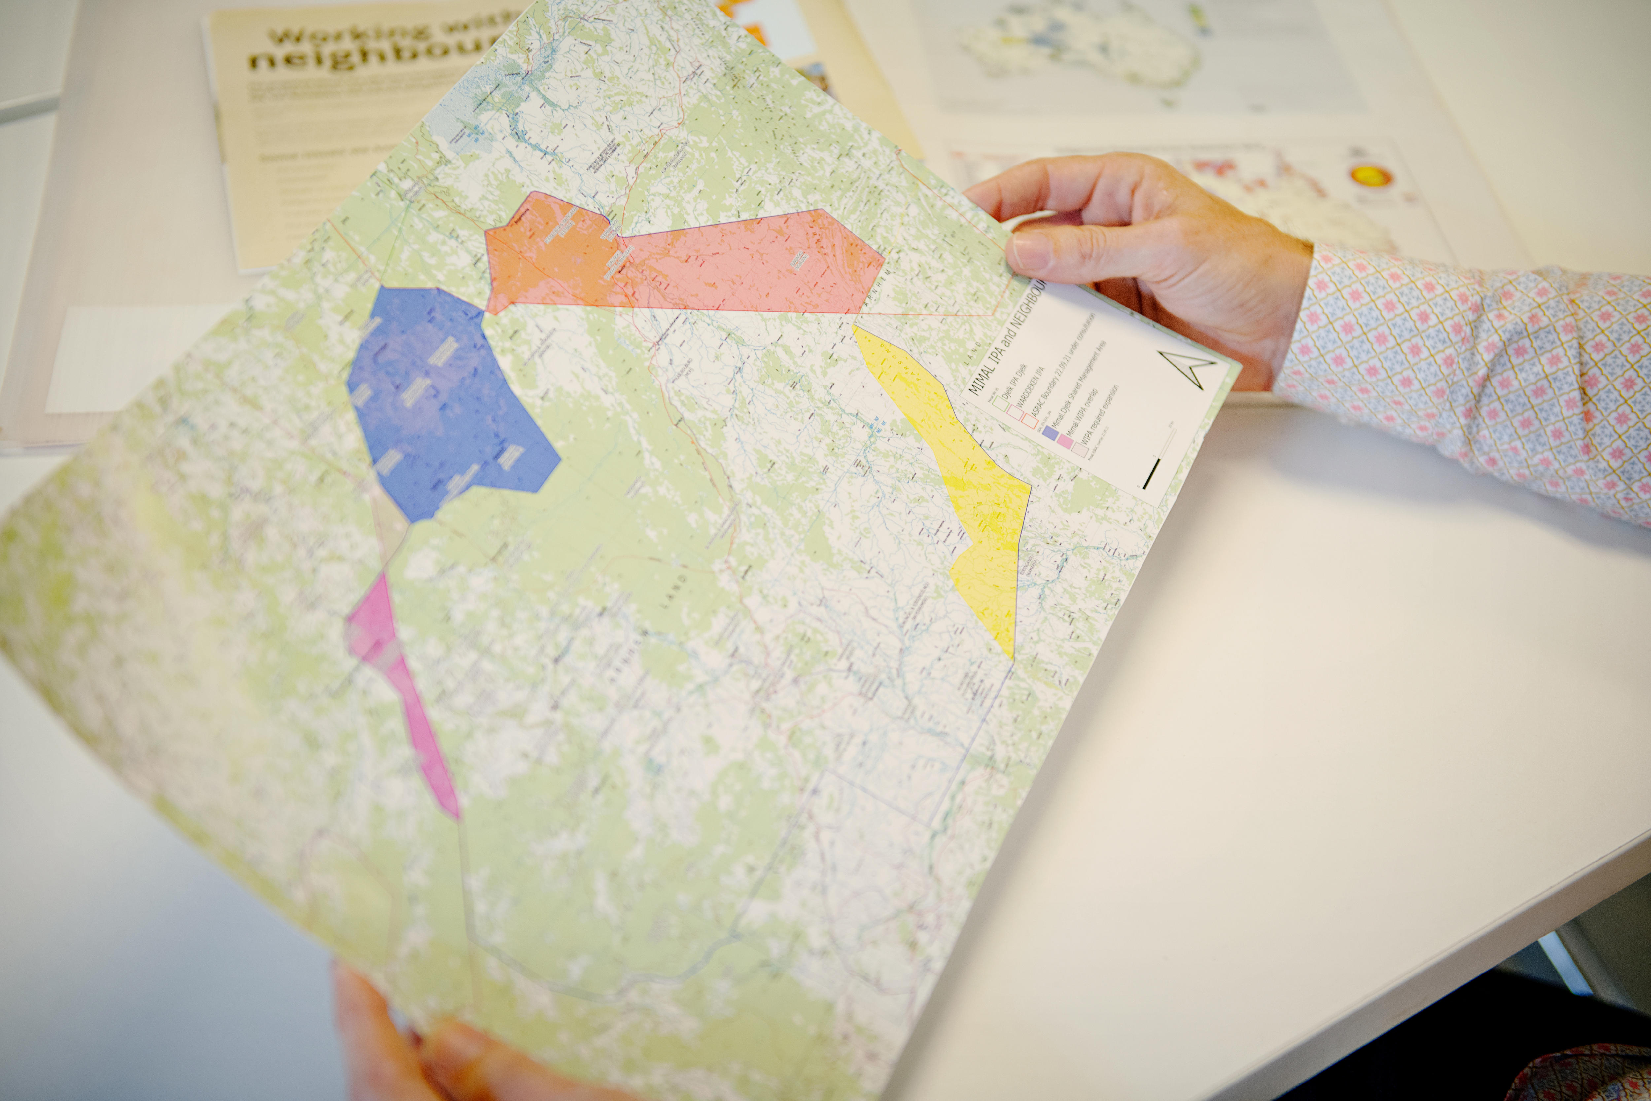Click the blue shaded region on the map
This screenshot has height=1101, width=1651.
(x=442, y=400)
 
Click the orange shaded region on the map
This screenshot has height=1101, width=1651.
(x=547, y=253)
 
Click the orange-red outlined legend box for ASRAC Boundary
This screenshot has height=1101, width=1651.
(x=1029, y=420)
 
